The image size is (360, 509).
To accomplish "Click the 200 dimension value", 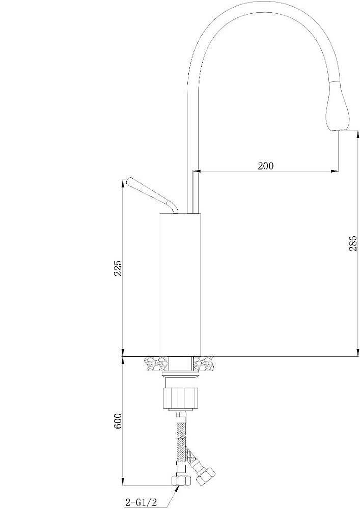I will (265, 165).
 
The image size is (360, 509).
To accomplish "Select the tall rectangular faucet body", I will (181, 285).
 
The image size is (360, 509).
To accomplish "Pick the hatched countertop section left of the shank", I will (156, 364).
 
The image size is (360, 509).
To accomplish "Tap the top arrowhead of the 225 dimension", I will (124, 183).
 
